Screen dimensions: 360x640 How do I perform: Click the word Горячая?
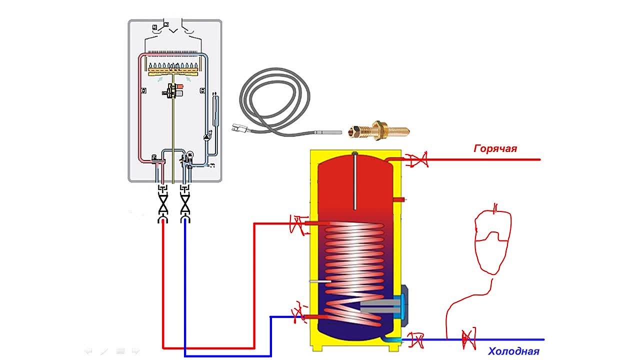point(495,148)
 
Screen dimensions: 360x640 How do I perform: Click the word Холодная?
point(513,351)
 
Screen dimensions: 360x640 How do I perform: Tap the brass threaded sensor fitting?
point(381,131)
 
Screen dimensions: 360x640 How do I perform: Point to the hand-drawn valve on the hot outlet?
point(416,160)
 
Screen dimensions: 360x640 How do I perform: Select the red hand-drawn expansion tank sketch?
point(493,240)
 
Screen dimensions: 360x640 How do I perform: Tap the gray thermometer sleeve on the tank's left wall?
point(317,282)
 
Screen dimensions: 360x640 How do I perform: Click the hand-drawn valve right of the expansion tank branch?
point(468,339)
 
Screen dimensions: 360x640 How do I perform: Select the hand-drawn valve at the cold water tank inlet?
point(415,340)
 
